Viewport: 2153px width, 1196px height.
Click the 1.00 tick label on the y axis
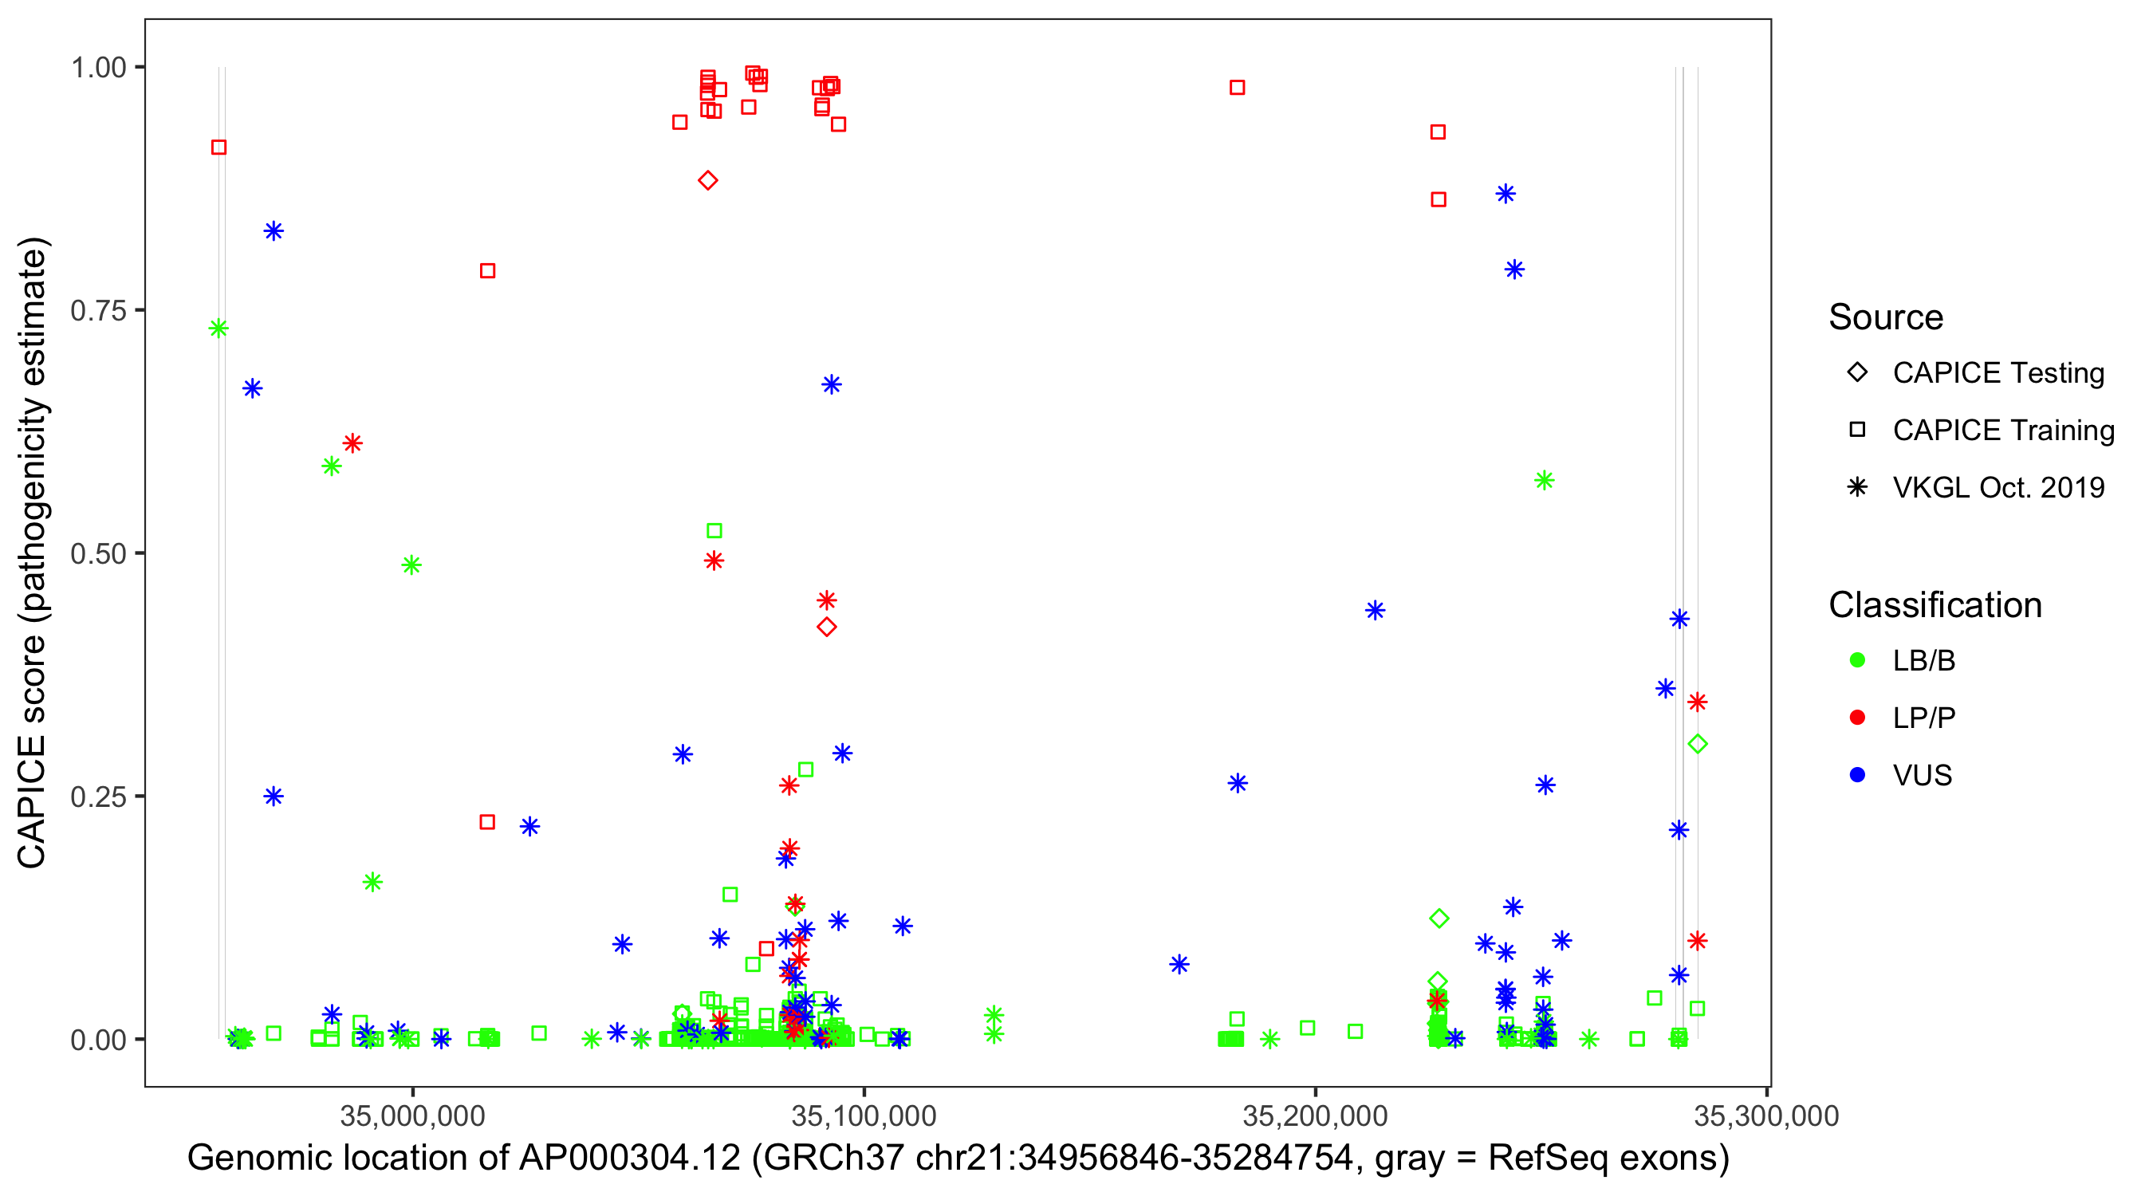pos(98,68)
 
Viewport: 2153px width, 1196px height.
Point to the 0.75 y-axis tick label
pos(98,311)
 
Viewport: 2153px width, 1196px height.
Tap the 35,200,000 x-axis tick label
pos(1315,1115)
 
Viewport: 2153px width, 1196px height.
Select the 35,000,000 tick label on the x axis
pos(412,1115)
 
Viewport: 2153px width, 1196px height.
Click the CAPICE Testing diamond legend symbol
pos(1857,373)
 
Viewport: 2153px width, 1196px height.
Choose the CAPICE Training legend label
pos(2002,431)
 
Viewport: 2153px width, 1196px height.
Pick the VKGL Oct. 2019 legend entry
pos(1998,488)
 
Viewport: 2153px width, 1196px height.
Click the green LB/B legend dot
pos(1857,660)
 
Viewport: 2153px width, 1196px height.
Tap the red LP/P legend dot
pos(1857,718)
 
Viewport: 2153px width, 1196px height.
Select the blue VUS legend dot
pos(1857,776)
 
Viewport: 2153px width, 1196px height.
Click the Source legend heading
pos(1886,317)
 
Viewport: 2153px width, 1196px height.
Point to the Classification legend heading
pos(1935,605)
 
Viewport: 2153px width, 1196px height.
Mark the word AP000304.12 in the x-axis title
pos(629,1159)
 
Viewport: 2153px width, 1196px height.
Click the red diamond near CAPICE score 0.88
pos(708,180)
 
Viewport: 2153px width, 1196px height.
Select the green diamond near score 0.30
pos(1697,744)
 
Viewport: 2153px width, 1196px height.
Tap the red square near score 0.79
pos(487,271)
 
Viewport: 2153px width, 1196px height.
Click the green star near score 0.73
pos(218,329)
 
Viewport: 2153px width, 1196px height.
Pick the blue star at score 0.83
pos(274,231)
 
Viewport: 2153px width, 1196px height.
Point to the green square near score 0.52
pos(714,531)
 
